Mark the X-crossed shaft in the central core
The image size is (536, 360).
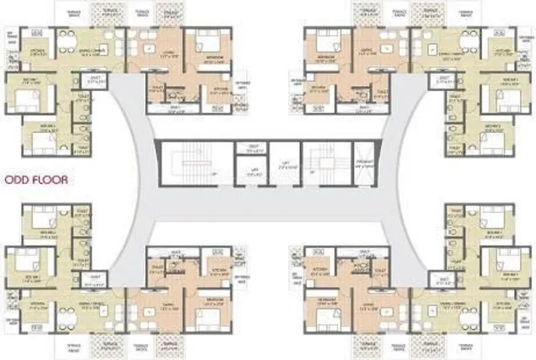tap(364, 162)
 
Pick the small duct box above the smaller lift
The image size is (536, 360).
tap(247, 147)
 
